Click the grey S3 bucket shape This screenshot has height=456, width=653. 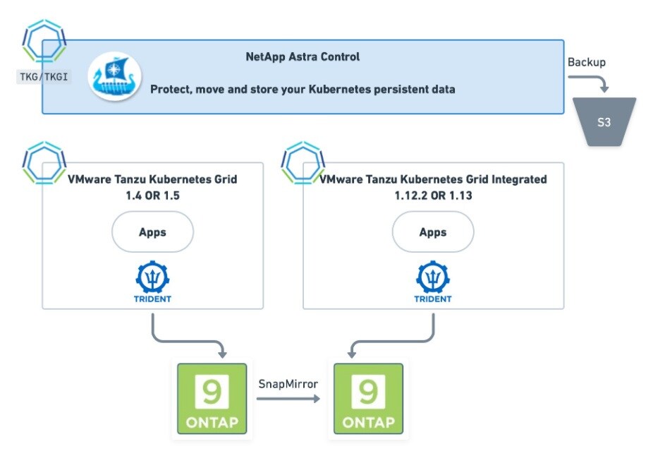[604, 122]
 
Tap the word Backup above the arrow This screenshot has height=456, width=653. [587, 62]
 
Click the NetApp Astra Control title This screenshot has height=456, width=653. [303, 56]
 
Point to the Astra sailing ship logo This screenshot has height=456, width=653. [114, 77]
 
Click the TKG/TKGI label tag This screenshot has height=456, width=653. [44, 76]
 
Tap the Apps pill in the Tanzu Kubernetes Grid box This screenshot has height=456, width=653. [152, 232]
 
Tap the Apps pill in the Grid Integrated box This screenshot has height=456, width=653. [433, 232]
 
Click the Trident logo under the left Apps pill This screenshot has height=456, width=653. [152, 281]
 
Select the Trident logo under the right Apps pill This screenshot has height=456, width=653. [433, 281]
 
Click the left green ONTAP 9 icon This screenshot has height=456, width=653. [212, 399]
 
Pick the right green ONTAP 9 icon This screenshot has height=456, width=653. [368, 399]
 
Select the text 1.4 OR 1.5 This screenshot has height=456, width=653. [152, 196]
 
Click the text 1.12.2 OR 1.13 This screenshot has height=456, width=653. [433, 196]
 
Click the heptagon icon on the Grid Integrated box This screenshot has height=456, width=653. [303, 163]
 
